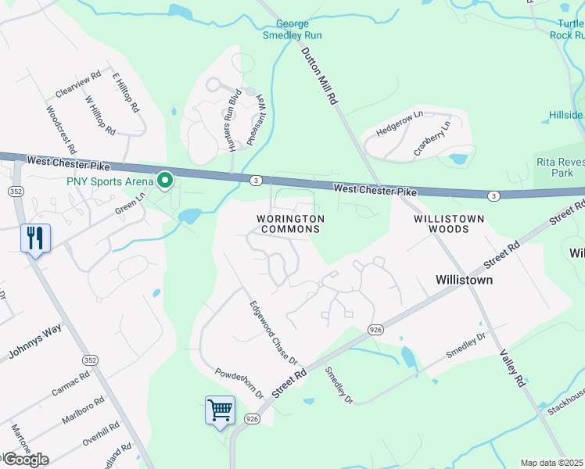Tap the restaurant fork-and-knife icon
click(35, 238)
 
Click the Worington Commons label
click(289, 224)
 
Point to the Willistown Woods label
click(449, 224)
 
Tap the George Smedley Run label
click(292, 30)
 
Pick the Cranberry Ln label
click(432, 138)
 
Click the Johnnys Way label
click(34, 342)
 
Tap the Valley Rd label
click(510, 368)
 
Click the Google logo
click(25, 459)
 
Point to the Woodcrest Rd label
click(60, 129)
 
